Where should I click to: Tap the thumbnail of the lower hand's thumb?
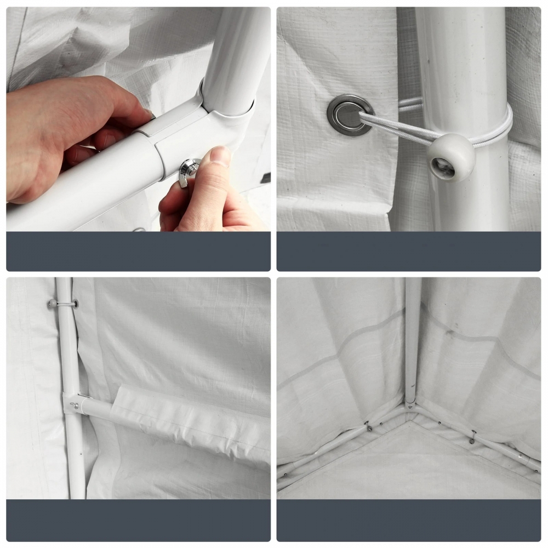tap(220, 155)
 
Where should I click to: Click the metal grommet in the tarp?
tap(350, 114)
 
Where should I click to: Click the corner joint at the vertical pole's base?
tap(410, 404)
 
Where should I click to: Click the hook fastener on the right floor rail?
tap(473, 437)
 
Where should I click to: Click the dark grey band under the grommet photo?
tap(408, 251)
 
